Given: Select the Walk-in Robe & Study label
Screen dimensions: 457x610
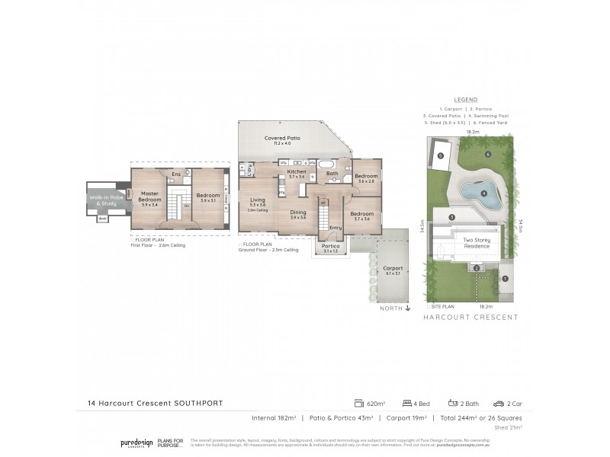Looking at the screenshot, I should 102,200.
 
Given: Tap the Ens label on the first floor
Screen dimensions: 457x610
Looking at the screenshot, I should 175,174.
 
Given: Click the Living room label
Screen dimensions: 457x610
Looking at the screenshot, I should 257,200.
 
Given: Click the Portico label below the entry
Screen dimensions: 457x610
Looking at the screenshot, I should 331,247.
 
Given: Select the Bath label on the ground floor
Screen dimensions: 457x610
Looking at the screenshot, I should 332,174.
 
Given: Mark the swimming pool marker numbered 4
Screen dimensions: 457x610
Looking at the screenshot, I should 484,193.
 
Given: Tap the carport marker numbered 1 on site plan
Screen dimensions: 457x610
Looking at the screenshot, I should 505,278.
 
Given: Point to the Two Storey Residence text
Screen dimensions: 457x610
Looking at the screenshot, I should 477,243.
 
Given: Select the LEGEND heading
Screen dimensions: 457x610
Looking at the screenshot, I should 465,100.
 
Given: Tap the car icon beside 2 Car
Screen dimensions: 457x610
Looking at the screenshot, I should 498,403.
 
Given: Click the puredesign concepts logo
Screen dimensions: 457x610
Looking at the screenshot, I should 136,443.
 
